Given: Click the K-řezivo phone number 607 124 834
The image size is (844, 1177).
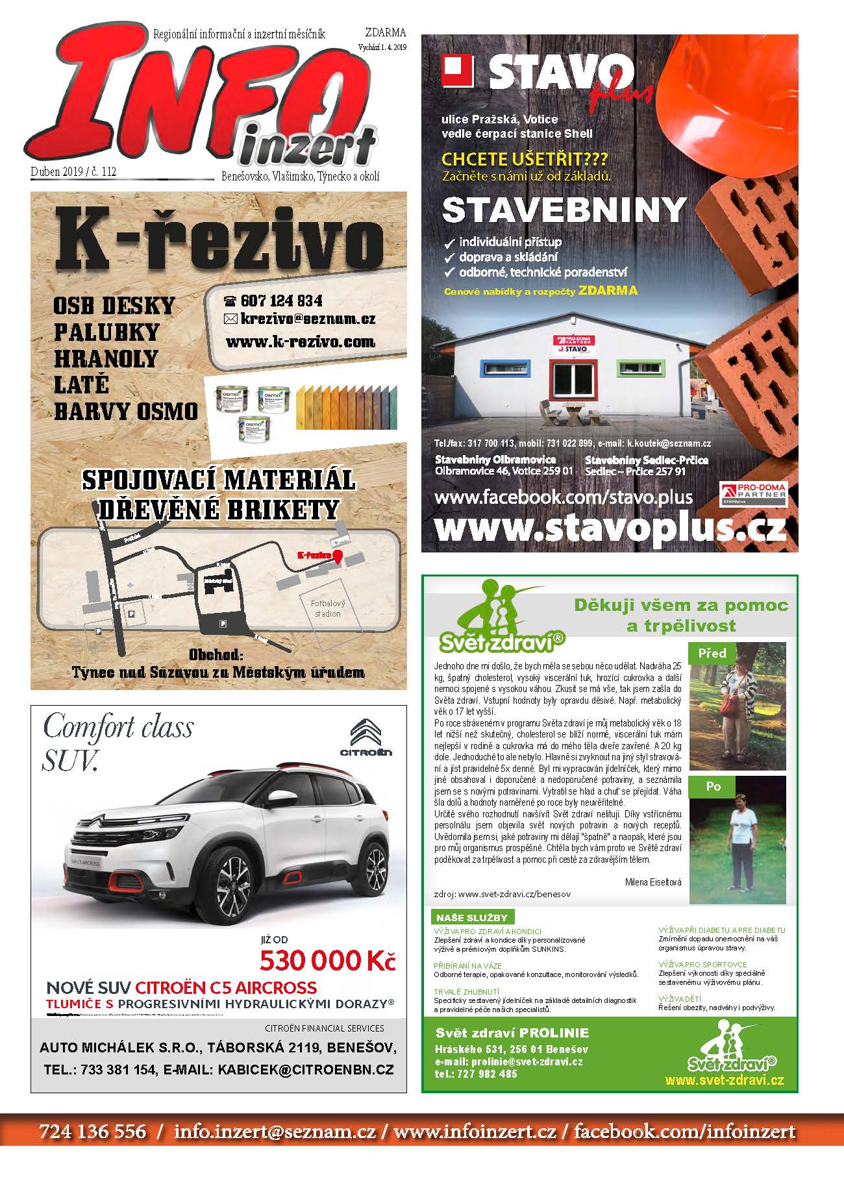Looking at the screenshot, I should point(281,301).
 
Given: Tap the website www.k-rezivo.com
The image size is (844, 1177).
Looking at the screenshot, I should point(300,341).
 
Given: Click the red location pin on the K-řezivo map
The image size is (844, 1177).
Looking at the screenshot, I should point(338,556).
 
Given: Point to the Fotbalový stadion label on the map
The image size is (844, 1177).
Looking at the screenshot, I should point(328,608).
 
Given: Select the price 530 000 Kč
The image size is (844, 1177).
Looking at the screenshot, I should point(327,960).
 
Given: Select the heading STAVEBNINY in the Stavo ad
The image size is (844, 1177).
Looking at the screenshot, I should point(564,210).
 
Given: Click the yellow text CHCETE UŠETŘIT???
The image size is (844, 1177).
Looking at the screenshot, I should point(525,159).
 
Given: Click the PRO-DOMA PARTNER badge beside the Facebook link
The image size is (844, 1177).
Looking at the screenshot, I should point(753,493).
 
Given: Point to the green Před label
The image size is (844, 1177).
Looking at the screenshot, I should point(712,653).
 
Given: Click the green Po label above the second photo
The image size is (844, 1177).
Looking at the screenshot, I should point(713,786).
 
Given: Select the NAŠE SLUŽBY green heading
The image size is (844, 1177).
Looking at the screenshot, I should point(472,917).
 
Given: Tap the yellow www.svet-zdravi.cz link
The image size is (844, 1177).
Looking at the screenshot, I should point(724,1080).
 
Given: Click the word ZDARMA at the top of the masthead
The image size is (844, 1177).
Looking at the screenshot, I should point(385,32).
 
